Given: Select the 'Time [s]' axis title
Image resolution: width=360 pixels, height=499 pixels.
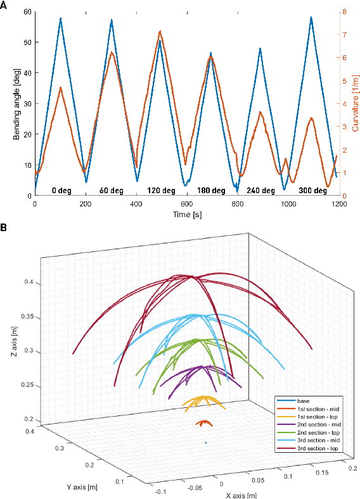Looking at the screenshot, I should (x=187, y=215).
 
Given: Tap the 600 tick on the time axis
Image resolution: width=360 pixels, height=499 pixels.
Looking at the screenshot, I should (x=187, y=205).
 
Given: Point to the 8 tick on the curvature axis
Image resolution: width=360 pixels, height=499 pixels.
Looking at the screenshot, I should (x=344, y=12).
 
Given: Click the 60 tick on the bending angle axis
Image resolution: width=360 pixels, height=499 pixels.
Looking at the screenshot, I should (x=27, y=12).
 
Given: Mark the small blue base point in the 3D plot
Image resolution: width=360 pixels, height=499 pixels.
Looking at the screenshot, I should (x=206, y=442).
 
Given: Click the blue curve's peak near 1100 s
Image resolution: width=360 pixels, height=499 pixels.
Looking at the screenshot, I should (x=312, y=18).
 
